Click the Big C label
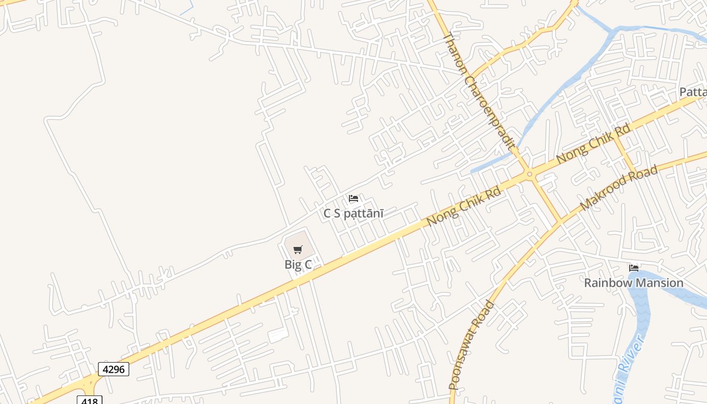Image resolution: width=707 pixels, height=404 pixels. click(298, 264)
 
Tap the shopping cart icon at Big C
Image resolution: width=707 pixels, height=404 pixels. click(298, 249)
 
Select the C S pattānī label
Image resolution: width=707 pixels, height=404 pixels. click(353, 213)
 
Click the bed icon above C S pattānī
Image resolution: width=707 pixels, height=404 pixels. click(353, 198)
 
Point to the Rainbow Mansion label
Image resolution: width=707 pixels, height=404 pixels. click(633, 283)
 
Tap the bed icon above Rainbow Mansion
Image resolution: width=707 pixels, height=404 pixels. click(633, 268)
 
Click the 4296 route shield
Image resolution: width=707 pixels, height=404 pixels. click(113, 369)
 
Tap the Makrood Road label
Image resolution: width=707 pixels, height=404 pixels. click(619, 188)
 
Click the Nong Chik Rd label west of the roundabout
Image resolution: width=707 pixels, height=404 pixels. click(463, 207)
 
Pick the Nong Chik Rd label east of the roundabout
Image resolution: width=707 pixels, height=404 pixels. click(593, 144)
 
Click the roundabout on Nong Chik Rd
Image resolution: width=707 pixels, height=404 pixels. click(529, 175)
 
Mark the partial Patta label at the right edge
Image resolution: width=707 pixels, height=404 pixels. click(693, 92)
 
